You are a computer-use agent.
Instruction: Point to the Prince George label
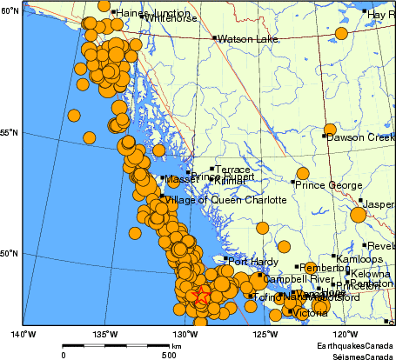click(x=327, y=184)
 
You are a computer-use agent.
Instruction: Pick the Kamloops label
click(x=359, y=260)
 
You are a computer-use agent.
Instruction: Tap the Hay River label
click(x=381, y=15)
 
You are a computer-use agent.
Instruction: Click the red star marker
click(x=201, y=296)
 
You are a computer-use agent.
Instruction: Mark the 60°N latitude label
click(x=10, y=10)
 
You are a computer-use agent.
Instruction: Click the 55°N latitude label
click(x=10, y=132)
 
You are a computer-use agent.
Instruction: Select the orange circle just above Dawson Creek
click(x=330, y=130)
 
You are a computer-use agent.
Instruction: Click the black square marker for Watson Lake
click(x=214, y=38)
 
